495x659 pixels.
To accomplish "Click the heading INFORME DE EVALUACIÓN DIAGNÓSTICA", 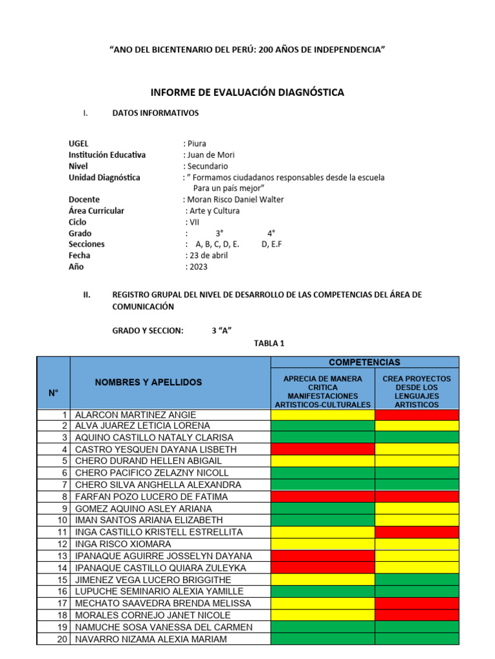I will (x=248, y=93).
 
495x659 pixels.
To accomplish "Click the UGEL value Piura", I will (x=196, y=144).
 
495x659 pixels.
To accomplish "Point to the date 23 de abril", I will (x=208, y=255).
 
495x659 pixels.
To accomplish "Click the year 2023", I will (x=197, y=266).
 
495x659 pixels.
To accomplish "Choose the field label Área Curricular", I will (x=97, y=210).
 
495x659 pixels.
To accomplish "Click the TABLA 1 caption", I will (x=269, y=344).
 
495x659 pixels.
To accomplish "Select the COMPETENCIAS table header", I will (x=365, y=362).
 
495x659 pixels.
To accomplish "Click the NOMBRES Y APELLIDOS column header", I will (x=148, y=382).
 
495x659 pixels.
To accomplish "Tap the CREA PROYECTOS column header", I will (x=416, y=391).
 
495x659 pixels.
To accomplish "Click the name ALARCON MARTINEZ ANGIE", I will (x=136, y=415).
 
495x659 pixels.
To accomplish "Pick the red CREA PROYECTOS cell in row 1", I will (x=416, y=415).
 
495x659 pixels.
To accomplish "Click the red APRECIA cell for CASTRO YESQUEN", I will (x=322, y=449).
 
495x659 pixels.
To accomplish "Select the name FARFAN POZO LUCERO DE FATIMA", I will (x=151, y=497).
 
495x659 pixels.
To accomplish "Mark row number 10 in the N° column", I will (x=63, y=520).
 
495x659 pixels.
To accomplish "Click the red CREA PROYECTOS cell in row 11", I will (x=416, y=532).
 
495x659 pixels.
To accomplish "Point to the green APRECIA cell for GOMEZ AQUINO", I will (x=322, y=508).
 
